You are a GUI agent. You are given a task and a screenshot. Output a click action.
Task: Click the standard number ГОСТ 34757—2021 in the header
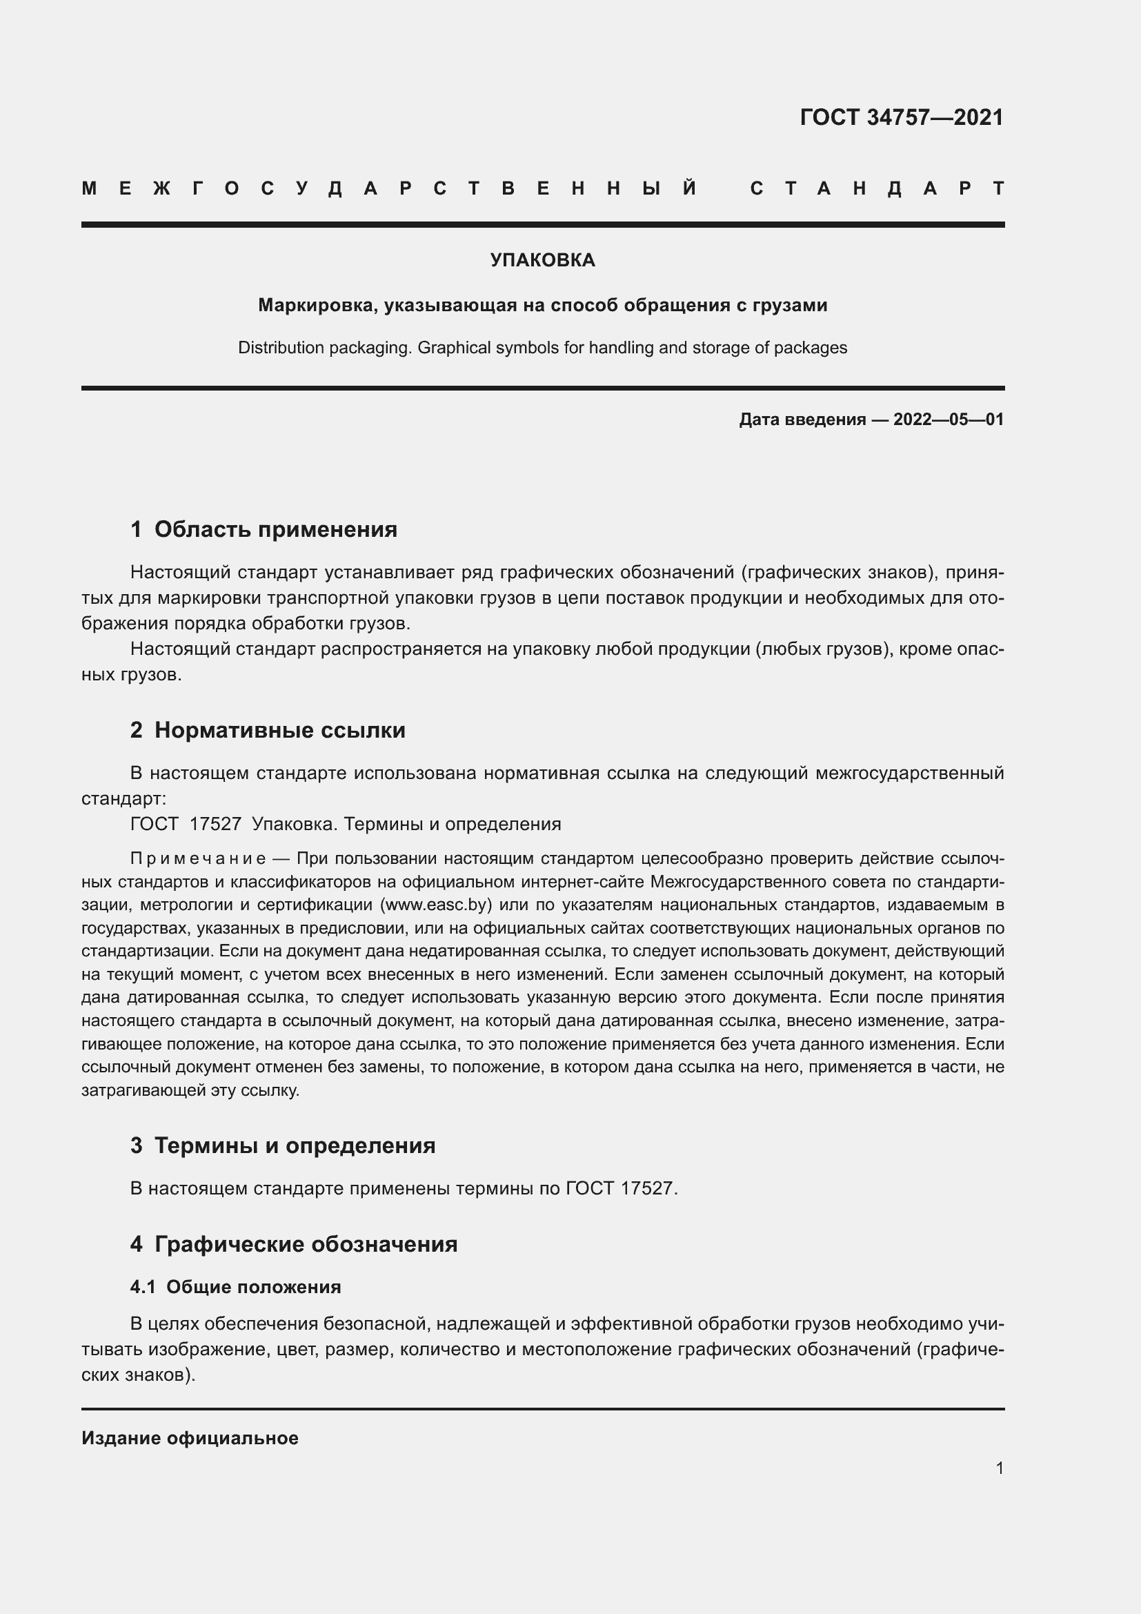point(902,117)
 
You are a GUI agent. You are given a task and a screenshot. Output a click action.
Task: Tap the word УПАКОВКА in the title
point(542,260)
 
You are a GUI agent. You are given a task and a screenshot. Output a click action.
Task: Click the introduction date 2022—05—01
point(948,420)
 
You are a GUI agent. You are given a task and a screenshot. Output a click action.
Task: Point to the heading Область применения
point(275,529)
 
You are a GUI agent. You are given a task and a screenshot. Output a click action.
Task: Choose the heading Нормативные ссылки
point(279,730)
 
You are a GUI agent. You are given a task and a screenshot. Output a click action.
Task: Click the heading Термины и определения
point(295,1146)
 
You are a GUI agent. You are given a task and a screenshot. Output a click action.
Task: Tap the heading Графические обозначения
point(306,1244)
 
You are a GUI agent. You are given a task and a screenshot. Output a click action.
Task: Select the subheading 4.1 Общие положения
point(235,1287)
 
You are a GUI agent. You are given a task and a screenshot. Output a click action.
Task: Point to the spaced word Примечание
point(198,859)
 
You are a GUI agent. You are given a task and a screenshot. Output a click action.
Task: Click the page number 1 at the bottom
point(999,1468)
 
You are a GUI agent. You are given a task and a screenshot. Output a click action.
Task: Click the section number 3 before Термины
point(137,1146)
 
